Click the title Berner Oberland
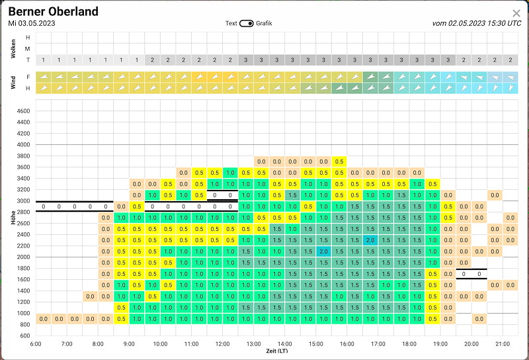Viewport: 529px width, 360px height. click(x=54, y=11)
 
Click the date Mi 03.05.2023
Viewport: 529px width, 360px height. click(x=32, y=23)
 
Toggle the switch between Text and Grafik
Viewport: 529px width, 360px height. click(x=246, y=23)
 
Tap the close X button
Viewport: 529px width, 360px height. click(x=516, y=13)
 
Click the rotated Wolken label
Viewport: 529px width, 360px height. click(x=13, y=48)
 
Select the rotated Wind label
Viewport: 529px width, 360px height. click(x=13, y=83)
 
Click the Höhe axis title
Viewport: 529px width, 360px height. click(x=13, y=218)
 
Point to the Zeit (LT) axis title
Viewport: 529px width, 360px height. click(x=276, y=351)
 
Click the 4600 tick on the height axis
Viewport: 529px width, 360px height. click(x=23, y=111)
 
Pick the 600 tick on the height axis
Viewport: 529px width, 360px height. click(x=25, y=336)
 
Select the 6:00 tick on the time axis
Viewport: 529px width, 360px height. click(x=36, y=344)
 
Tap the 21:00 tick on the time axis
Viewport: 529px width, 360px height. click(x=503, y=344)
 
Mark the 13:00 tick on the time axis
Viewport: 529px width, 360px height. click(x=253, y=344)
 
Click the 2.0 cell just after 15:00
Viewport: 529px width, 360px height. click(x=323, y=251)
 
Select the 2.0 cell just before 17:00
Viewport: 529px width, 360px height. click(x=370, y=240)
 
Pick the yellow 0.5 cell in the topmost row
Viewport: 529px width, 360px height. click(x=339, y=161)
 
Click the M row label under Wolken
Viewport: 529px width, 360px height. click(x=28, y=48)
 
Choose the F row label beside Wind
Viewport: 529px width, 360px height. click(x=28, y=77)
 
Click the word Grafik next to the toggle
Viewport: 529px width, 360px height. click(x=264, y=23)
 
